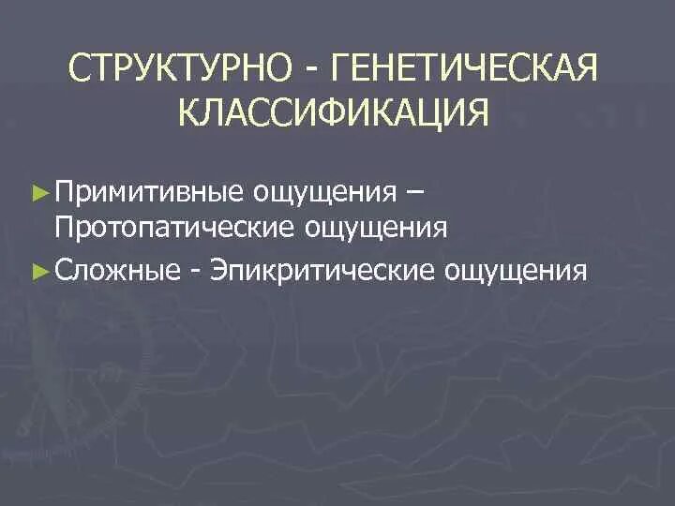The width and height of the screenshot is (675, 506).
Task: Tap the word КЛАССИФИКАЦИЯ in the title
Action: pyautogui.click(x=334, y=114)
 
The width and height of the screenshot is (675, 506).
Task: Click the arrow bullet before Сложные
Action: pyautogui.click(x=39, y=271)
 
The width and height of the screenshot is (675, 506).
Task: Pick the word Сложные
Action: pyautogui.click(x=117, y=271)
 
